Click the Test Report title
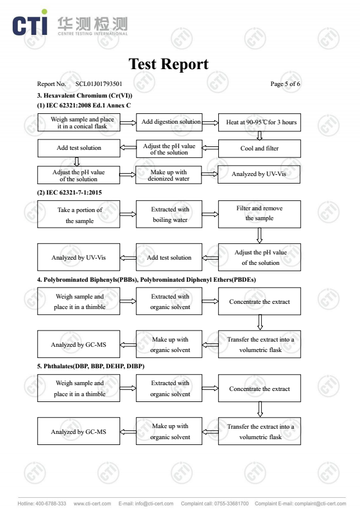[x=168, y=64]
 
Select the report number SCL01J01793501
[x=99, y=84]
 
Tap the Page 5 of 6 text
[x=285, y=84]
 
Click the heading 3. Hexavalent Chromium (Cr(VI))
[x=85, y=96]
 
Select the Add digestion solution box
[x=169, y=123]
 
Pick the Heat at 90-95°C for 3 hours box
[x=260, y=123]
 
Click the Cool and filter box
[x=260, y=148]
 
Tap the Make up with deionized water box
[x=169, y=175]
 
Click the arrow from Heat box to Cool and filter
[x=260, y=135]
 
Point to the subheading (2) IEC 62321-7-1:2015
[x=69, y=192]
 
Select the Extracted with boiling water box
[x=169, y=214]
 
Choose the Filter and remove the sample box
[x=260, y=214]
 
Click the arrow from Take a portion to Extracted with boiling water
[x=128, y=214]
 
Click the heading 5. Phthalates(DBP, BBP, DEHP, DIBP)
[x=91, y=367]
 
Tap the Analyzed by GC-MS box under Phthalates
[x=79, y=431]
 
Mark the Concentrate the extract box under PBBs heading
[x=260, y=301]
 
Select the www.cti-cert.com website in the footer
[x=92, y=504]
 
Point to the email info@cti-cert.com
[x=154, y=504]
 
